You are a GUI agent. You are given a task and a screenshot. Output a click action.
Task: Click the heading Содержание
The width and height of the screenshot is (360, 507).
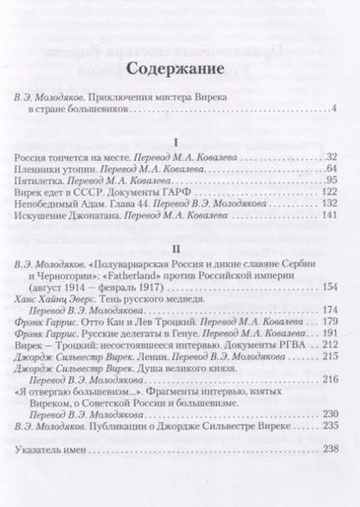pos(179,68)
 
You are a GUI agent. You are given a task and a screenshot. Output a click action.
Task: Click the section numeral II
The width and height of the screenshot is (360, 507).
pos(179,246)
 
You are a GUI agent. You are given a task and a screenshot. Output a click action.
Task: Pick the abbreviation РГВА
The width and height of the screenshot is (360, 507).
pos(298,343)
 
